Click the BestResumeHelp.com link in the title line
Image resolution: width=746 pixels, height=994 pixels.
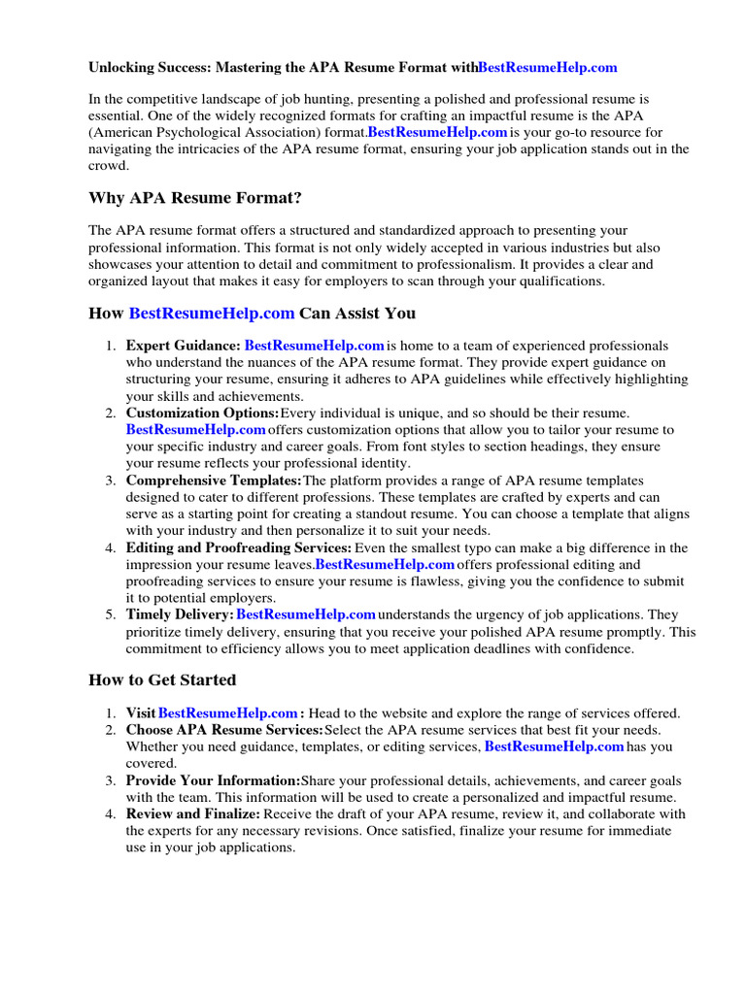pos(548,68)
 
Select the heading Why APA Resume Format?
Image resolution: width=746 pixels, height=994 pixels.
pos(195,198)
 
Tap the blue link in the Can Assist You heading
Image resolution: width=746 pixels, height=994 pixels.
pos(211,313)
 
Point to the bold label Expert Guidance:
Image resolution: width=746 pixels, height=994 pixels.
pos(183,346)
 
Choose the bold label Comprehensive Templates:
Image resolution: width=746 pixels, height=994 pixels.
pos(214,481)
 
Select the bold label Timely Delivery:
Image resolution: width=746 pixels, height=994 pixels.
pos(180,615)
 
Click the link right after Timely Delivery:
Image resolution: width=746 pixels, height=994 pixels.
pos(306,615)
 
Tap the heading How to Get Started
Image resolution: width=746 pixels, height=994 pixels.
pos(162,679)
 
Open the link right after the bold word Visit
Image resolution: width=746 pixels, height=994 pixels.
pos(227,713)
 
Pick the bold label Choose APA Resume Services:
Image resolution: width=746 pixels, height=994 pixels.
pos(224,730)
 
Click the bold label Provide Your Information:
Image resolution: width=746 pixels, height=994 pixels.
pos(213,780)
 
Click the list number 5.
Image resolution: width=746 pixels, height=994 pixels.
pos(112,615)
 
